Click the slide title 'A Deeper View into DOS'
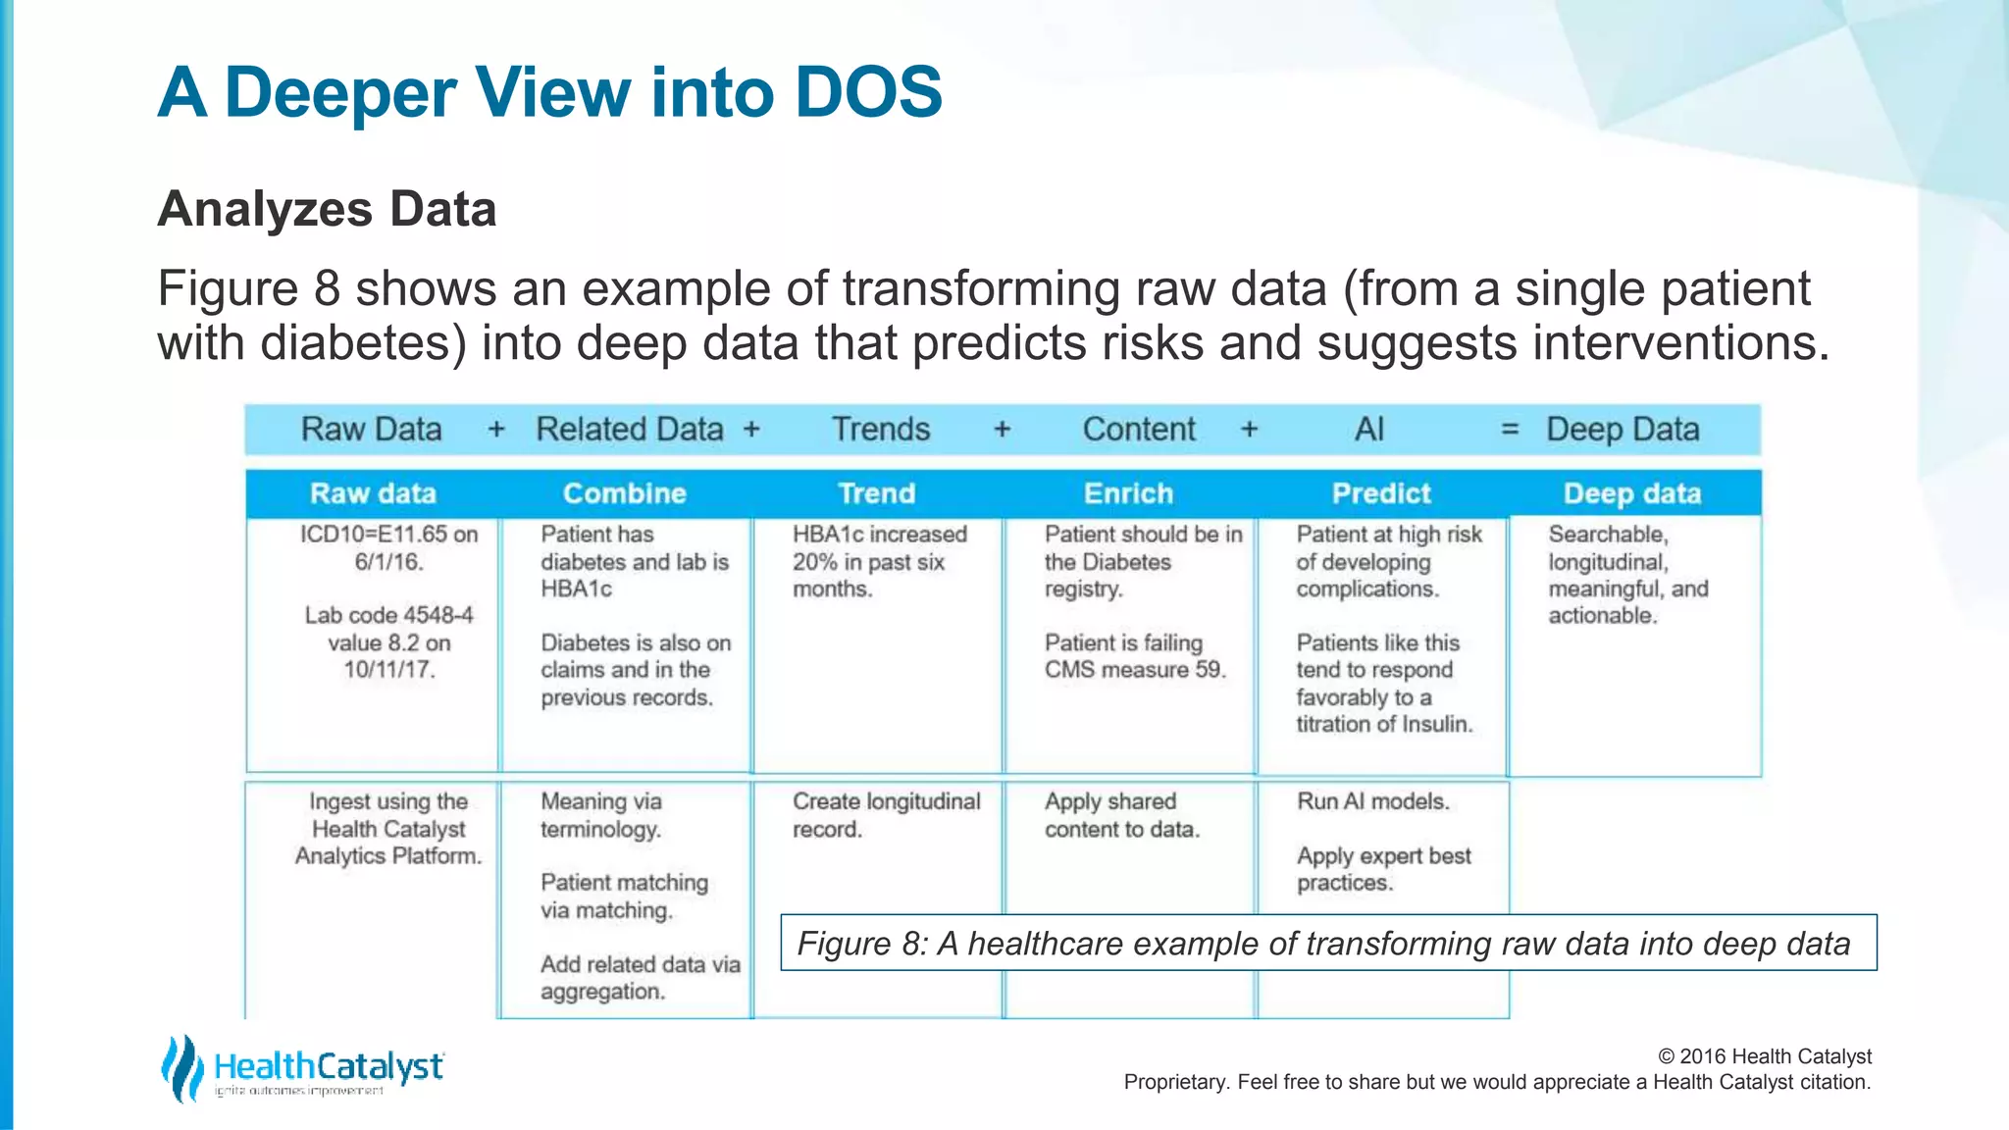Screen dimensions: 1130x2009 (x=549, y=92)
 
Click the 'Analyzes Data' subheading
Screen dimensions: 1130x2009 (x=327, y=209)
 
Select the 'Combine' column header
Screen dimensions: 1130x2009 (x=624, y=493)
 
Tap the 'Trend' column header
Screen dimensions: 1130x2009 (x=876, y=493)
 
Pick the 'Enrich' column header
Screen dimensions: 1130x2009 (x=1128, y=493)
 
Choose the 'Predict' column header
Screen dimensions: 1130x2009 (x=1381, y=493)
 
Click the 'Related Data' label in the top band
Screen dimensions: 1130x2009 (x=629, y=430)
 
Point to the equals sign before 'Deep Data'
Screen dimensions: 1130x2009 (x=1510, y=430)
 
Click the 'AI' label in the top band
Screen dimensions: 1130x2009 (x=1368, y=430)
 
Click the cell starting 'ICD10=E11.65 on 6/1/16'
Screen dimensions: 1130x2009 (x=388, y=547)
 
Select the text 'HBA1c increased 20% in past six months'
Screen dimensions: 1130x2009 (x=879, y=561)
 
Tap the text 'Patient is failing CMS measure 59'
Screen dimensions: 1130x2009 (x=1134, y=656)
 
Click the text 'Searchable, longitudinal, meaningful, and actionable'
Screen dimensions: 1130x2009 (x=1627, y=575)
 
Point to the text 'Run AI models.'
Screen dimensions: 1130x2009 (x=1372, y=801)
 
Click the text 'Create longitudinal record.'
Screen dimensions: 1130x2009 (x=885, y=815)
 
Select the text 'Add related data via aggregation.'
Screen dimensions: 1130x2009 (x=640, y=978)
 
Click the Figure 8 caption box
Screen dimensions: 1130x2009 (x=1327, y=943)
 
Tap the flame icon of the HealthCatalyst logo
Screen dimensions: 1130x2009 (x=181, y=1068)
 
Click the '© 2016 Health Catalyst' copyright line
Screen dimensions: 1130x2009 (x=1764, y=1056)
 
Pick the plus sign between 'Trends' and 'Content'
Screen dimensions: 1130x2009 (x=1002, y=430)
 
